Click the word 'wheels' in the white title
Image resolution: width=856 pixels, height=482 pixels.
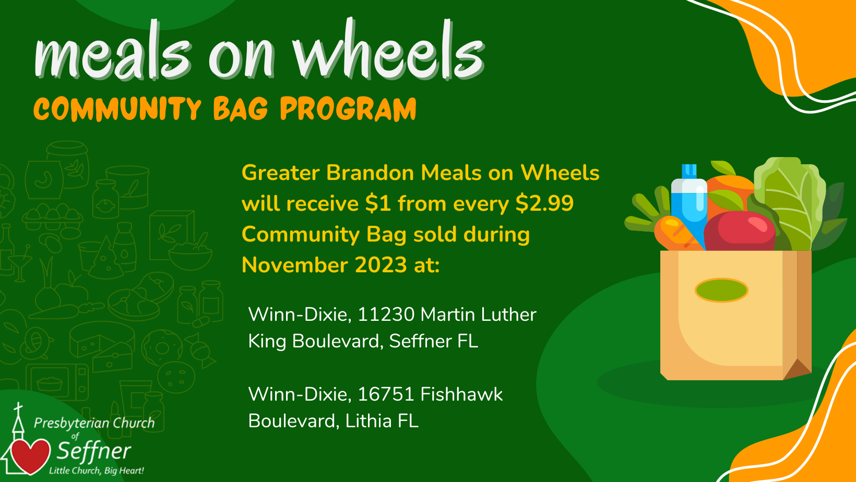[389, 50]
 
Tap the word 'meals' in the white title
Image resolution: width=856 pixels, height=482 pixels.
[113, 50]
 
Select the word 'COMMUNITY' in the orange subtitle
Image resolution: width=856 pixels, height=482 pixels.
[117, 109]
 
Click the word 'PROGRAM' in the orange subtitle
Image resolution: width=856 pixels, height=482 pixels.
[348, 109]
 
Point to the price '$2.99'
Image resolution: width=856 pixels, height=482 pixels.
[544, 203]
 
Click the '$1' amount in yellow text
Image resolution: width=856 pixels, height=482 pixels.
[378, 203]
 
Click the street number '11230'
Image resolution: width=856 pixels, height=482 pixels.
[386, 315]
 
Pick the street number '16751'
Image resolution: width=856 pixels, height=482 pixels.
[386, 394]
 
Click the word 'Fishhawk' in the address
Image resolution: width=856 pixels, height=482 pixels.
[461, 394]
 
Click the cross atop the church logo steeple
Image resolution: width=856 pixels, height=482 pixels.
[18, 408]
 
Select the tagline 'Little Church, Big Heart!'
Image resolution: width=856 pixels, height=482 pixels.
[96, 471]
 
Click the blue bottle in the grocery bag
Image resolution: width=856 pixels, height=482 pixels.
[689, 202]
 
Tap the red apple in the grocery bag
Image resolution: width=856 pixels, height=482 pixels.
[740, 231]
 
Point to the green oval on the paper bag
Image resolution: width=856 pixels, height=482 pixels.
[721, 290]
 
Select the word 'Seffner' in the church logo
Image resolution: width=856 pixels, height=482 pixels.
[94, 451]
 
